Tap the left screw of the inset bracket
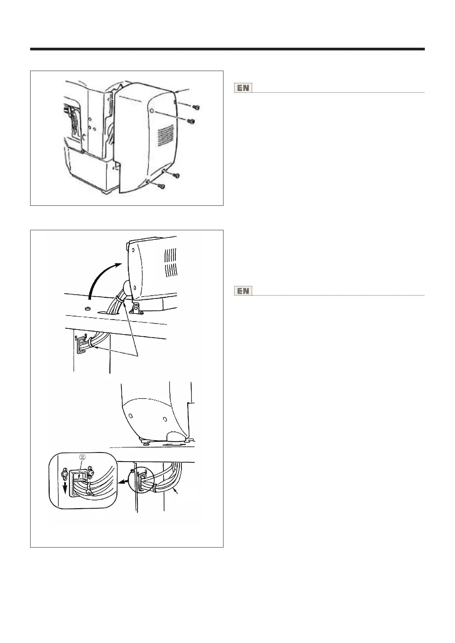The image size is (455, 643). pos(65,474)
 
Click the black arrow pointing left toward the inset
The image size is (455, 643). pos(123,482)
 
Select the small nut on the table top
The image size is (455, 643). pos(87,307)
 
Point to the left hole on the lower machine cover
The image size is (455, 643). pos(131,415)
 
